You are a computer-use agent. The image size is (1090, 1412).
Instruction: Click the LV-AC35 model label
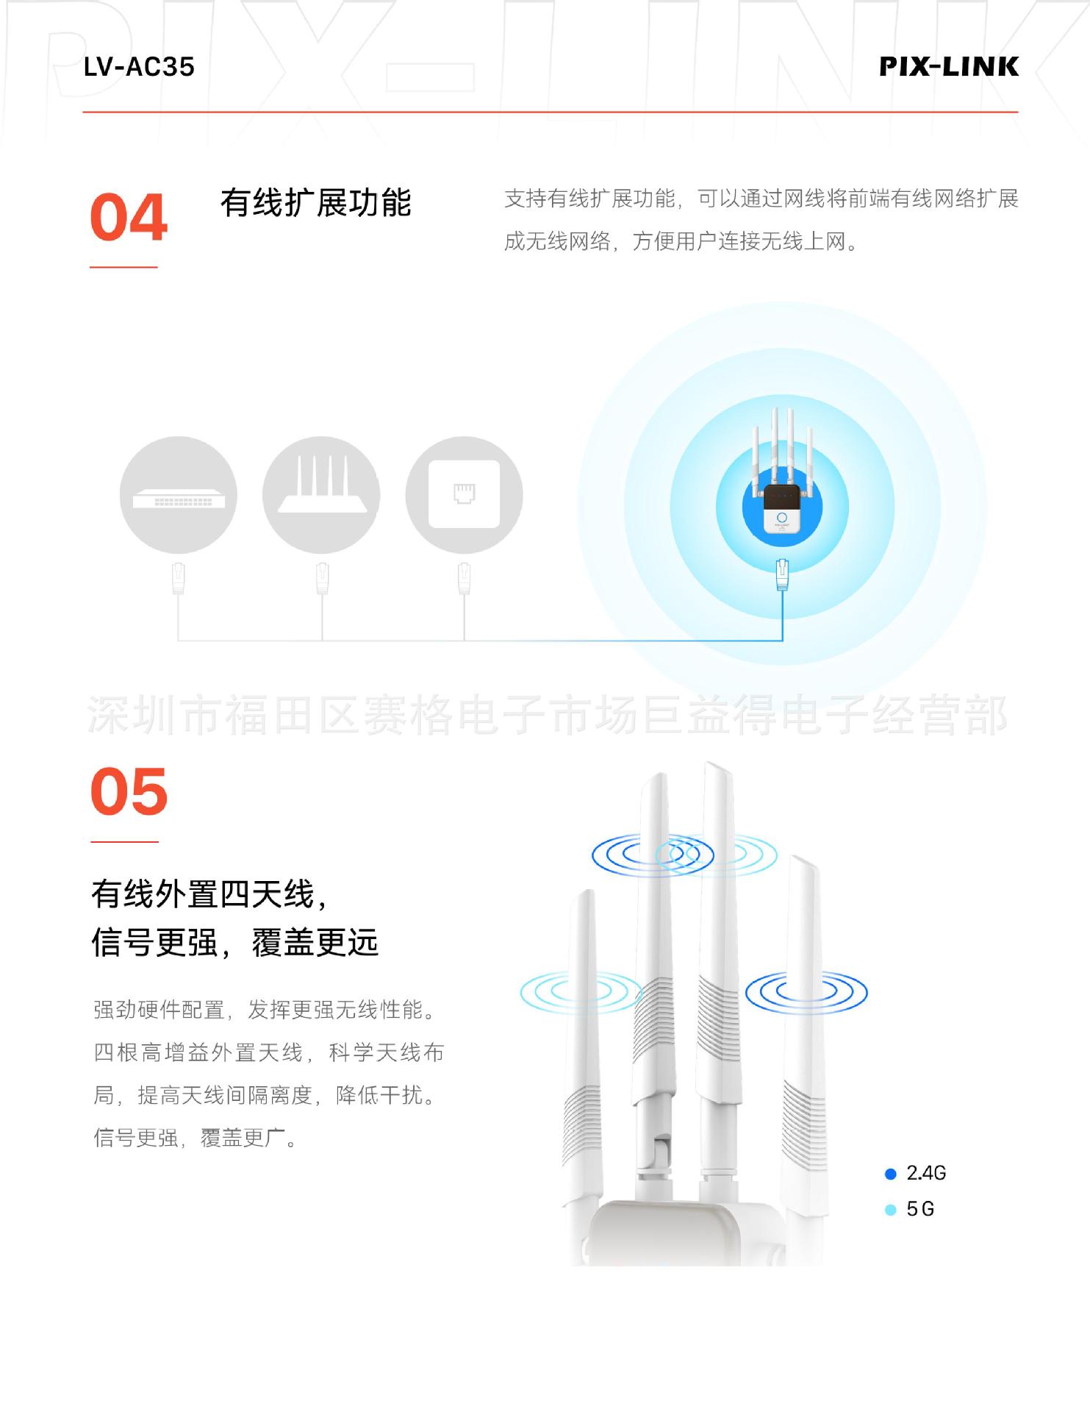click(139, 67)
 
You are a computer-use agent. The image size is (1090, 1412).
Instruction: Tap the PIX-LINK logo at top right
click(949, 67)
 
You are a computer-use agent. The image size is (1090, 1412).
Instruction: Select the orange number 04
click(129, 218)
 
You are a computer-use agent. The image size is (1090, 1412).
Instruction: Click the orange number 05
click(129, 792)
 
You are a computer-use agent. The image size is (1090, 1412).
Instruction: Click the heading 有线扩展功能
click(316, 203)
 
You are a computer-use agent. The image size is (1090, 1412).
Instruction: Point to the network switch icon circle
click(179, 495)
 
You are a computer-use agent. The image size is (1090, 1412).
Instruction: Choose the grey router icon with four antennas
click(321, 495)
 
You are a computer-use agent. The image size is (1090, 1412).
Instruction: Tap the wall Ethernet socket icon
click(464, 495)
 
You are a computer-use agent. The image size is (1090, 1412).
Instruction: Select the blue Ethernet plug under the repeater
click(782, 574)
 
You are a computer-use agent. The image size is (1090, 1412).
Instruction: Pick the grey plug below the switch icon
click(179, 578)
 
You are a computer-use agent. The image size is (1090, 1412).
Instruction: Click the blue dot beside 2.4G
click(891, 1174)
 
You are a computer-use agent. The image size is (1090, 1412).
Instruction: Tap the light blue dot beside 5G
click(891, 1210)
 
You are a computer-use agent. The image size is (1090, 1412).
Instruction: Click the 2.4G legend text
click(926, 1174)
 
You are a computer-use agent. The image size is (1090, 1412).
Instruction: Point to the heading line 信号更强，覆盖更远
click(234, 943)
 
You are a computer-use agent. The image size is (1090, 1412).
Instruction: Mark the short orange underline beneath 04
click(123, 267)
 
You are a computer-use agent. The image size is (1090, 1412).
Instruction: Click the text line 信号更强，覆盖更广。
click(195, 1138)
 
